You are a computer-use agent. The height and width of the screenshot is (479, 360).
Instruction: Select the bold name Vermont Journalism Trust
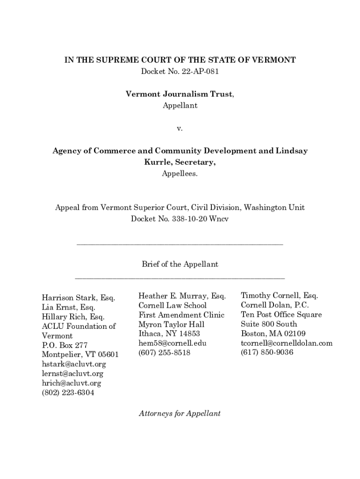(179, 94)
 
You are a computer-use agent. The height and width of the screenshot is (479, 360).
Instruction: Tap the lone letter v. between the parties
(180, 128)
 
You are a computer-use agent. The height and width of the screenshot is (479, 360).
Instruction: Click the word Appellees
(180, 174)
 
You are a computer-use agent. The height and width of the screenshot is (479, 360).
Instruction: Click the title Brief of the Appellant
(180, 264)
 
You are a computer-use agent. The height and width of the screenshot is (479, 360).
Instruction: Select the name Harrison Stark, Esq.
(79, 298)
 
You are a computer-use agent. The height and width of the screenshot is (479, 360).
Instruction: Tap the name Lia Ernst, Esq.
(68, 307)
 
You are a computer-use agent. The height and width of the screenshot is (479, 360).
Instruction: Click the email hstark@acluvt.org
(74, 364)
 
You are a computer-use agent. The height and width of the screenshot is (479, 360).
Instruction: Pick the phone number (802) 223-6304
(68, 393)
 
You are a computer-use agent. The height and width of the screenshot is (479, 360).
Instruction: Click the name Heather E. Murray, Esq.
(182, 296)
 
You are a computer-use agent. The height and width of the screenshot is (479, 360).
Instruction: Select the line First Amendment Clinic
(181, 315)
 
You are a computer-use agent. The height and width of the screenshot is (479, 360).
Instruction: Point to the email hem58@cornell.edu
(172, 343)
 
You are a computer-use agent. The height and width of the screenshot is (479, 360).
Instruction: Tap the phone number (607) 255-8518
(164, 353)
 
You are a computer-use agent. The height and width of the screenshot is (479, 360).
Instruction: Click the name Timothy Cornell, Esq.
(279, 296)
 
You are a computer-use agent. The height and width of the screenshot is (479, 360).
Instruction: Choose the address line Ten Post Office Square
(281, 314)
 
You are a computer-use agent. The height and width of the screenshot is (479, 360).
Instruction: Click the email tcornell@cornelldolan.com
(287, 343)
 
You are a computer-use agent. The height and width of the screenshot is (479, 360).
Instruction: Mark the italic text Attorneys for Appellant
(180, 413)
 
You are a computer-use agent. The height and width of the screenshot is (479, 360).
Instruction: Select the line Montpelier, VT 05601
(80, 355)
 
